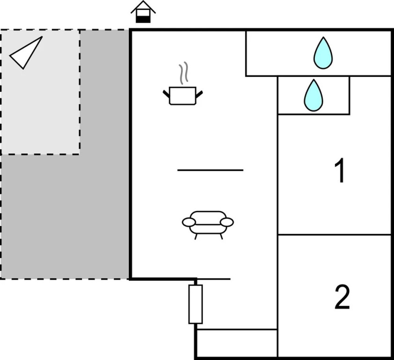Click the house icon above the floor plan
143,12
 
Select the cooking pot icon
183,96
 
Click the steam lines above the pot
184,73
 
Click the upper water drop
323,53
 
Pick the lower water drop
313,96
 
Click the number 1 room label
340,171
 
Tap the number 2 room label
342,297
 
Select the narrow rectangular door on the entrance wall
195,304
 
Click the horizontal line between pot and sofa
210,170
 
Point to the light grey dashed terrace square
40,92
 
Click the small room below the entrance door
237,343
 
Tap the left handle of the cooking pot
166,94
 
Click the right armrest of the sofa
227,222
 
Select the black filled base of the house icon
143,19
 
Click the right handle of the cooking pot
199,94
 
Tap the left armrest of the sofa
189,222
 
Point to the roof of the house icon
143,7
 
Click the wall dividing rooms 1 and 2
335,235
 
